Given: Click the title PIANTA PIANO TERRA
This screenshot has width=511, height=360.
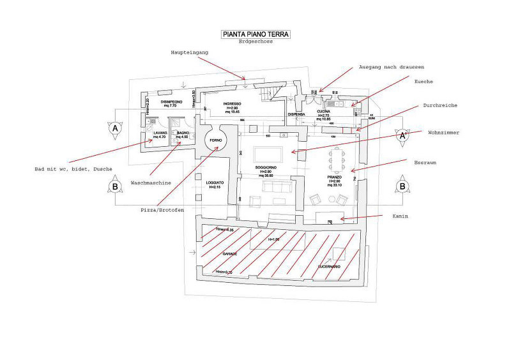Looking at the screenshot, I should coord(255,34).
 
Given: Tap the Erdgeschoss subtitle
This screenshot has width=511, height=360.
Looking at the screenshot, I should coord(256,42).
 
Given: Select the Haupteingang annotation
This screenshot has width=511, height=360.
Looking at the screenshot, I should coord(190,52).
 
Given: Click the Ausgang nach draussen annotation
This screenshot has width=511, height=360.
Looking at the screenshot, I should coord(392,66).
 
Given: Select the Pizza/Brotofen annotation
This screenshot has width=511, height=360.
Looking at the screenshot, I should coord(158,209).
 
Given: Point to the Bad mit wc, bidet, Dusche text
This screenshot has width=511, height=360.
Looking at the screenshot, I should coord(73,169).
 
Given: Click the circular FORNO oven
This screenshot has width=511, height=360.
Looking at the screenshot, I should coord(214,141).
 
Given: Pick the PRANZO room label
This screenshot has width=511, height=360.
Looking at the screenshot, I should coord(337,177).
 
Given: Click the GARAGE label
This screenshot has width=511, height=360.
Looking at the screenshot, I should coord(229,253).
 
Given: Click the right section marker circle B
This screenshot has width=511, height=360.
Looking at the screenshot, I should coord(402,186).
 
